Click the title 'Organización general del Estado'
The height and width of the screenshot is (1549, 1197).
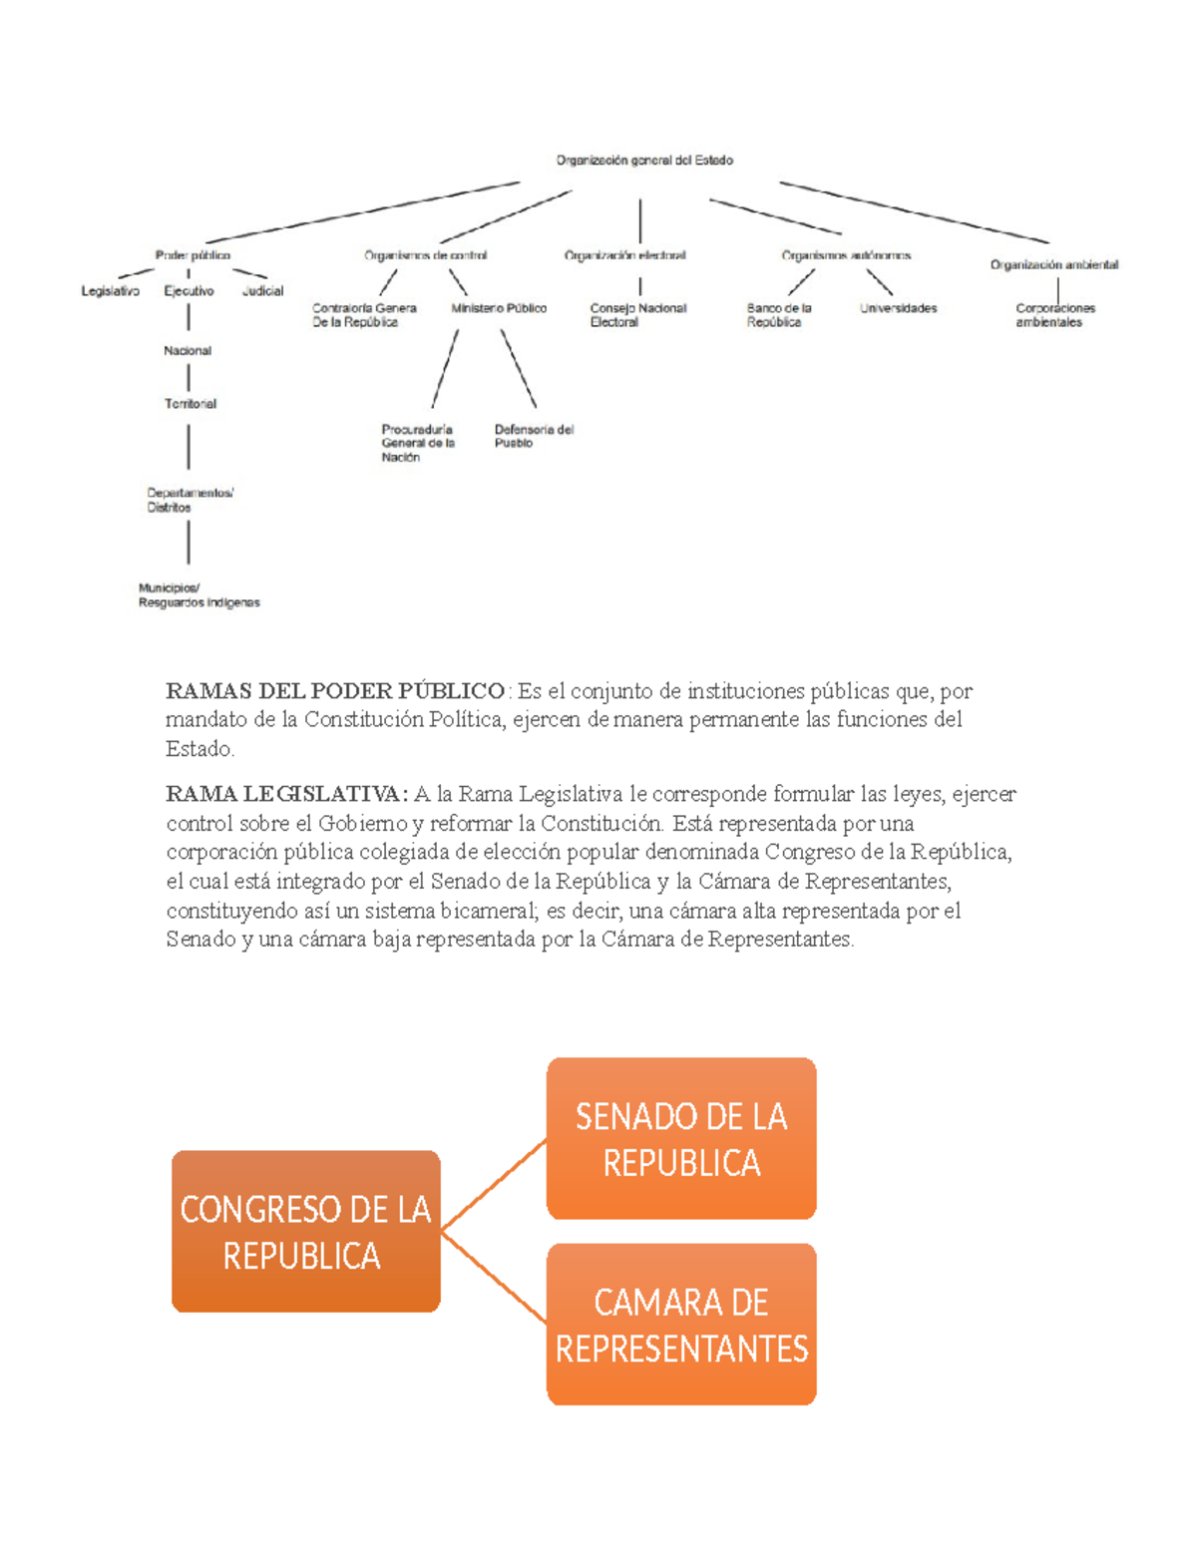click(644, 160)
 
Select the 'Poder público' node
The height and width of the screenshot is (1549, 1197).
click(193, 255)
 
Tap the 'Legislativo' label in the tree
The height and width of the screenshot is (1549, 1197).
click(110, 291)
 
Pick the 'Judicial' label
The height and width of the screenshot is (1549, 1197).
click(263, 291)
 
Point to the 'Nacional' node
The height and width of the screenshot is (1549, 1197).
click(188, 351)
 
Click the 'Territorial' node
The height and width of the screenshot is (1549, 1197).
click(190, 404)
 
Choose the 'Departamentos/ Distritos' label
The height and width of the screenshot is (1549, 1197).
click(190, 500)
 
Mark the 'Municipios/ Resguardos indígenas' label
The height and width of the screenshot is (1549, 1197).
click(199, 595)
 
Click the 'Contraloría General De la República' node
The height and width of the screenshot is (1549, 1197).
click(364, 315)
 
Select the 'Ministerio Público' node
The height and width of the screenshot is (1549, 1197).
click(499, 308)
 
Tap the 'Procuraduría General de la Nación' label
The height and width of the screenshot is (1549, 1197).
click(417, 443)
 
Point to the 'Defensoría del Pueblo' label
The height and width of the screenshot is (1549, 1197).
click(534, 436)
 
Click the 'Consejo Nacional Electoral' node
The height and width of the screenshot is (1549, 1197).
click(637, 315)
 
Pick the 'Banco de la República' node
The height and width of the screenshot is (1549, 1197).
click(778, 315)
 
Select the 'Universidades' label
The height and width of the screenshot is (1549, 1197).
click(898, 308)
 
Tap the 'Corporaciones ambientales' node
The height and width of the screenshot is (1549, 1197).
click(1054, 315)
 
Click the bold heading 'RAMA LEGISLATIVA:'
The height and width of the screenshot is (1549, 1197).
click(286, 794)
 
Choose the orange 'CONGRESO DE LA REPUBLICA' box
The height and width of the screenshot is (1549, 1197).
click(305, 1232)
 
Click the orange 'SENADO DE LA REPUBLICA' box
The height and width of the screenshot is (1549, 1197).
click(681, 1139)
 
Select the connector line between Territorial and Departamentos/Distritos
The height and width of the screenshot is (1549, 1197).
click(189, 447)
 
